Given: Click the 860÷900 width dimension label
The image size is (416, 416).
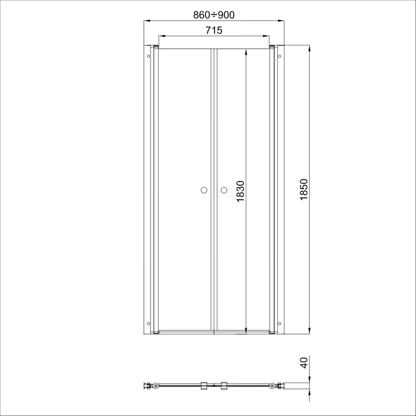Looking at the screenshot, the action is (x=214, y=15).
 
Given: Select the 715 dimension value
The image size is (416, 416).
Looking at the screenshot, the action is (x=214, y=30).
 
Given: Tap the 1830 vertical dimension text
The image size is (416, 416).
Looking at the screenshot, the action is (x=240, y=191).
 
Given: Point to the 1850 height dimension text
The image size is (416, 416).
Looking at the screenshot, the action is (x=304, y=189).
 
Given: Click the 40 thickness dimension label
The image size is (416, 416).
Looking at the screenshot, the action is (x=304, y=363).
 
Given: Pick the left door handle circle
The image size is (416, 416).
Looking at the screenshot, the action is (x=204, y=190).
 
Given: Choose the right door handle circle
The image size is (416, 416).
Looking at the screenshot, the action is (x=224, y=190).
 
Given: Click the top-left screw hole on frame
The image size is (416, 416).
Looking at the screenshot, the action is (x=149, y=56).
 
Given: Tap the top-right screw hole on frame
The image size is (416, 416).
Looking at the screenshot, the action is (x=280, y=56).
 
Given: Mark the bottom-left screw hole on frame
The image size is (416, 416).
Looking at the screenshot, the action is (x=149, y=323).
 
